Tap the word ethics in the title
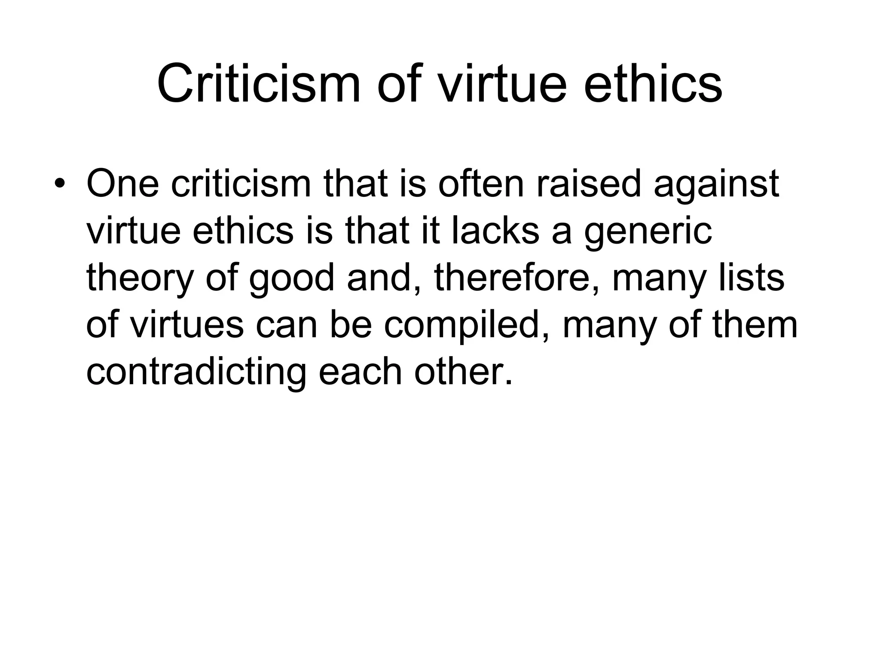pyautogui.click(x=653, y=84)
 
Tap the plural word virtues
pyautogui.click(x=186, y=325)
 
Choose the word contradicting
pyautogui.click(x=196, y=372)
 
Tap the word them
pyautogui.click(x=755, y=325)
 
